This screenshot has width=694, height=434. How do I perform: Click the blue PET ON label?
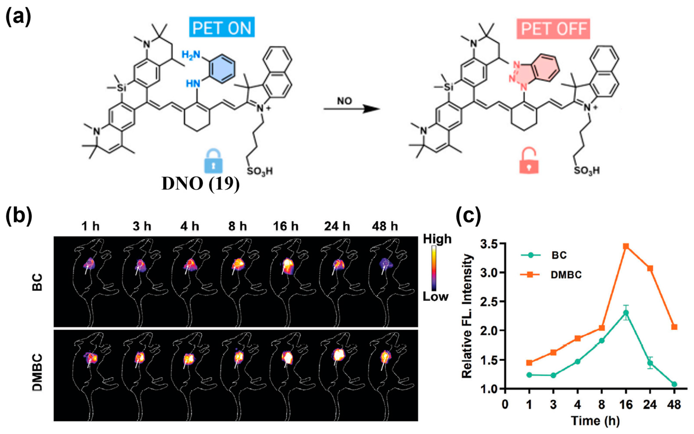pyautogui.click(x=222, y=28)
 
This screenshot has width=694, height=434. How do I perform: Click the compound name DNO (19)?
pyautogui.click(x=201, y=184)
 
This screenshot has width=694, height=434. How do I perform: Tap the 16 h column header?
pyautogui.click(x=286, y=227)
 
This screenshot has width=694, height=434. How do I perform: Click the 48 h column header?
pyautogui.click(x=385, y=227)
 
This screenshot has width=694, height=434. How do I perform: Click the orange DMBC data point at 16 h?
pyautogui.click(x=626, y=246)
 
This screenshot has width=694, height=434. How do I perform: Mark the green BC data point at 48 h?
pyautogui.click(x=674, y=384)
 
